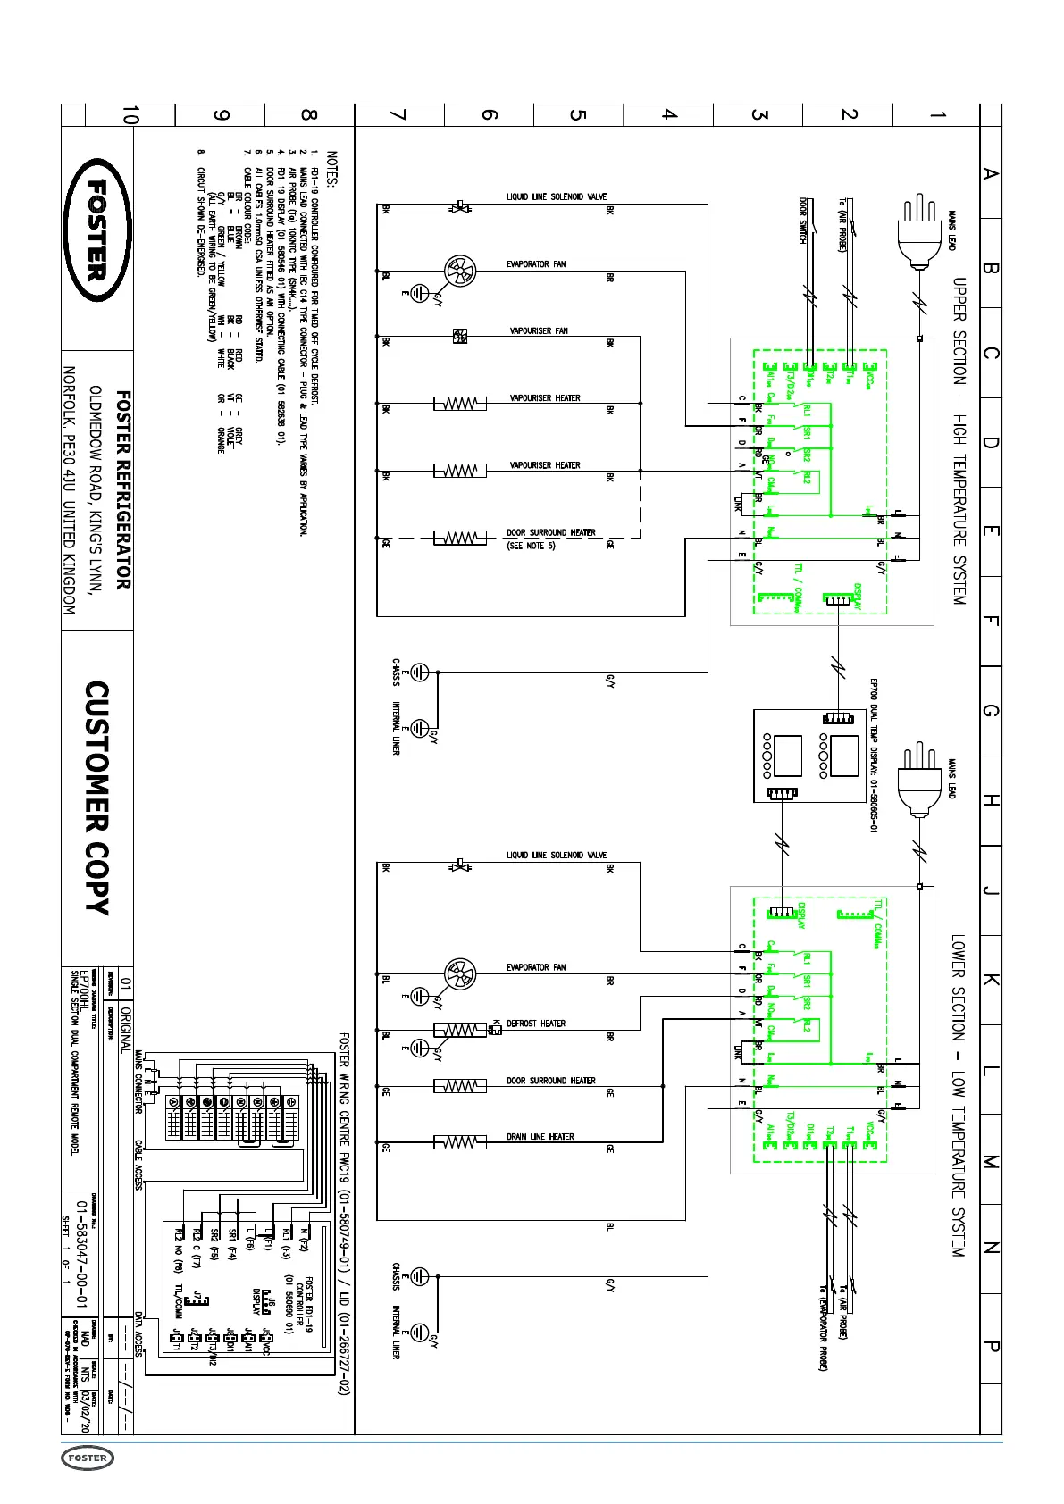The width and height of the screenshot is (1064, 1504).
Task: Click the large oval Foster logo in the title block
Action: click(x=96, y=230)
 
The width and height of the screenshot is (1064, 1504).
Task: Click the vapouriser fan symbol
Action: click(x=460, y=337)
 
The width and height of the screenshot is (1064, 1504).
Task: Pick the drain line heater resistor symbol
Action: click(x=459, y=1142)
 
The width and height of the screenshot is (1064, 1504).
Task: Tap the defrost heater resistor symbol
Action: click(x=459, y=1030)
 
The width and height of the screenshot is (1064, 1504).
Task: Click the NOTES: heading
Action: click(x=332, y=169)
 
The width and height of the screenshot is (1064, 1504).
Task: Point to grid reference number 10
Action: click(x=130, y=115)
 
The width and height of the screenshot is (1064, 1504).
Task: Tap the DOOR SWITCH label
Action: click(x=803, y=220)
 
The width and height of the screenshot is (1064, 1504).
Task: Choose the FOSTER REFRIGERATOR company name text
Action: click(x=123, y=489)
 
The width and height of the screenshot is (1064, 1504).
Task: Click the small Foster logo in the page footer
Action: click(x=88, y=1458)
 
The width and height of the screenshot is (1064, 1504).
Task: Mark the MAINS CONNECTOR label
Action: click(x=138, y=1082)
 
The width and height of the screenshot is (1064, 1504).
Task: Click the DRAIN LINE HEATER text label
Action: click(x=540, y=1137)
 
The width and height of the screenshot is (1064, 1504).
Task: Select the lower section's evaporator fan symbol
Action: click(x=460, y=973)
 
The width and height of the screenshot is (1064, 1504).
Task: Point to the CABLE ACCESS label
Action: click(x=138, y=1164)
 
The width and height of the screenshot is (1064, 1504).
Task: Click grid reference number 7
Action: click(x=398, y=115)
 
